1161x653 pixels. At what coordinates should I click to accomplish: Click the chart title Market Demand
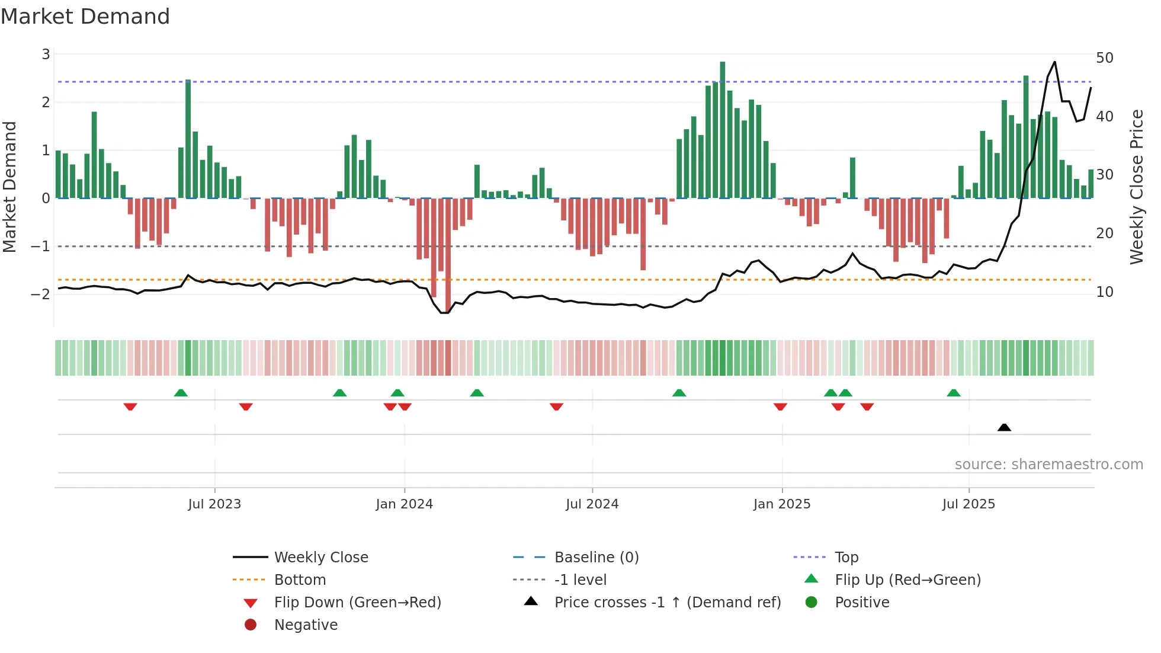tap(85, 16)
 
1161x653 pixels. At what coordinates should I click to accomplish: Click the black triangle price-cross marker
tap(1004, 427)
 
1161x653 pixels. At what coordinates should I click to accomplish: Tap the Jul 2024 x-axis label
tap(592, 504)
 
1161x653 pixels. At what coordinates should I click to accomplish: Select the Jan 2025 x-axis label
tap(781, 504)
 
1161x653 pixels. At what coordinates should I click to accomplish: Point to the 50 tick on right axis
tap(1104, 58)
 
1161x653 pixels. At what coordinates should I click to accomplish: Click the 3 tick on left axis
tap(46, 55)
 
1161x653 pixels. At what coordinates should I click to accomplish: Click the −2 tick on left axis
tap(41, 294)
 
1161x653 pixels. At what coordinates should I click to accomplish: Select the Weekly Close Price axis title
tap(1136, 187)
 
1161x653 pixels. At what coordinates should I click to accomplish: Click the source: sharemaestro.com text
tap(1048, 464)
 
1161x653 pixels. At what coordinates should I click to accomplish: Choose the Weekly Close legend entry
tap(320, 557)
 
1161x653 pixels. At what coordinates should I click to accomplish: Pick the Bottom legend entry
tap(300, 580)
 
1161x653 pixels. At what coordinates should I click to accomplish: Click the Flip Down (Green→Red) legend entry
tap(357, 602)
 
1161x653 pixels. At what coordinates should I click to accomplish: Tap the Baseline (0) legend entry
tap(596, 557)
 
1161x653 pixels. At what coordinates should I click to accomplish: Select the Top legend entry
tap(846, 557)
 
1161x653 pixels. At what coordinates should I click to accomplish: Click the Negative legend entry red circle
tap(251, 625)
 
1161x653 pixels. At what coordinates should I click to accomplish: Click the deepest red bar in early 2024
tap(448, 255)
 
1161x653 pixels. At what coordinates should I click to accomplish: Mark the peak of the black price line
tap(1054, 62)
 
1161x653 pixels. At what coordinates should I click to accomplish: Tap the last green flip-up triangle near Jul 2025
tap(953, 393)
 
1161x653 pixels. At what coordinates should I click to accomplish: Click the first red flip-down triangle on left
tap(130, 406)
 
